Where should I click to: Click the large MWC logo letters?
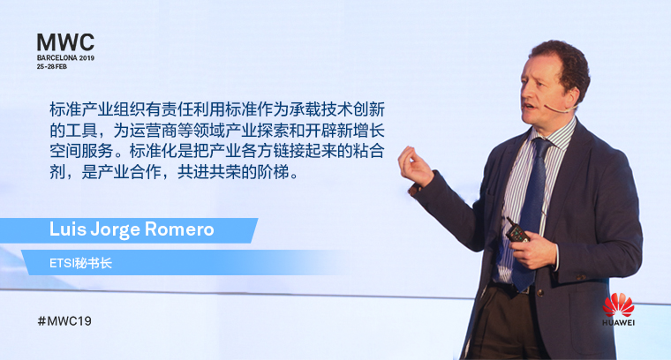pos(65,42)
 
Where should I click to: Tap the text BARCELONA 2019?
pos(65,57)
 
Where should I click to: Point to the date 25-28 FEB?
pos(52,67)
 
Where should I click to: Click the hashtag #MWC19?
pos(64,321)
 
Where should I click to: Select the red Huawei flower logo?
pos(618,304)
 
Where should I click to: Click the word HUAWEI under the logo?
pos(618,322)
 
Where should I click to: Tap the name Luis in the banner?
pos(67,229)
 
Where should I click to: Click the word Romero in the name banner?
pos(179,229)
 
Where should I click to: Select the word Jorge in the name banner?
pos(115,230)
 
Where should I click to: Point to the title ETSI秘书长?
pos(80,263)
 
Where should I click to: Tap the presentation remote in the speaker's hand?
pos(517,231)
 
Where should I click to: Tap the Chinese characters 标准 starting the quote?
pos(65,109)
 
